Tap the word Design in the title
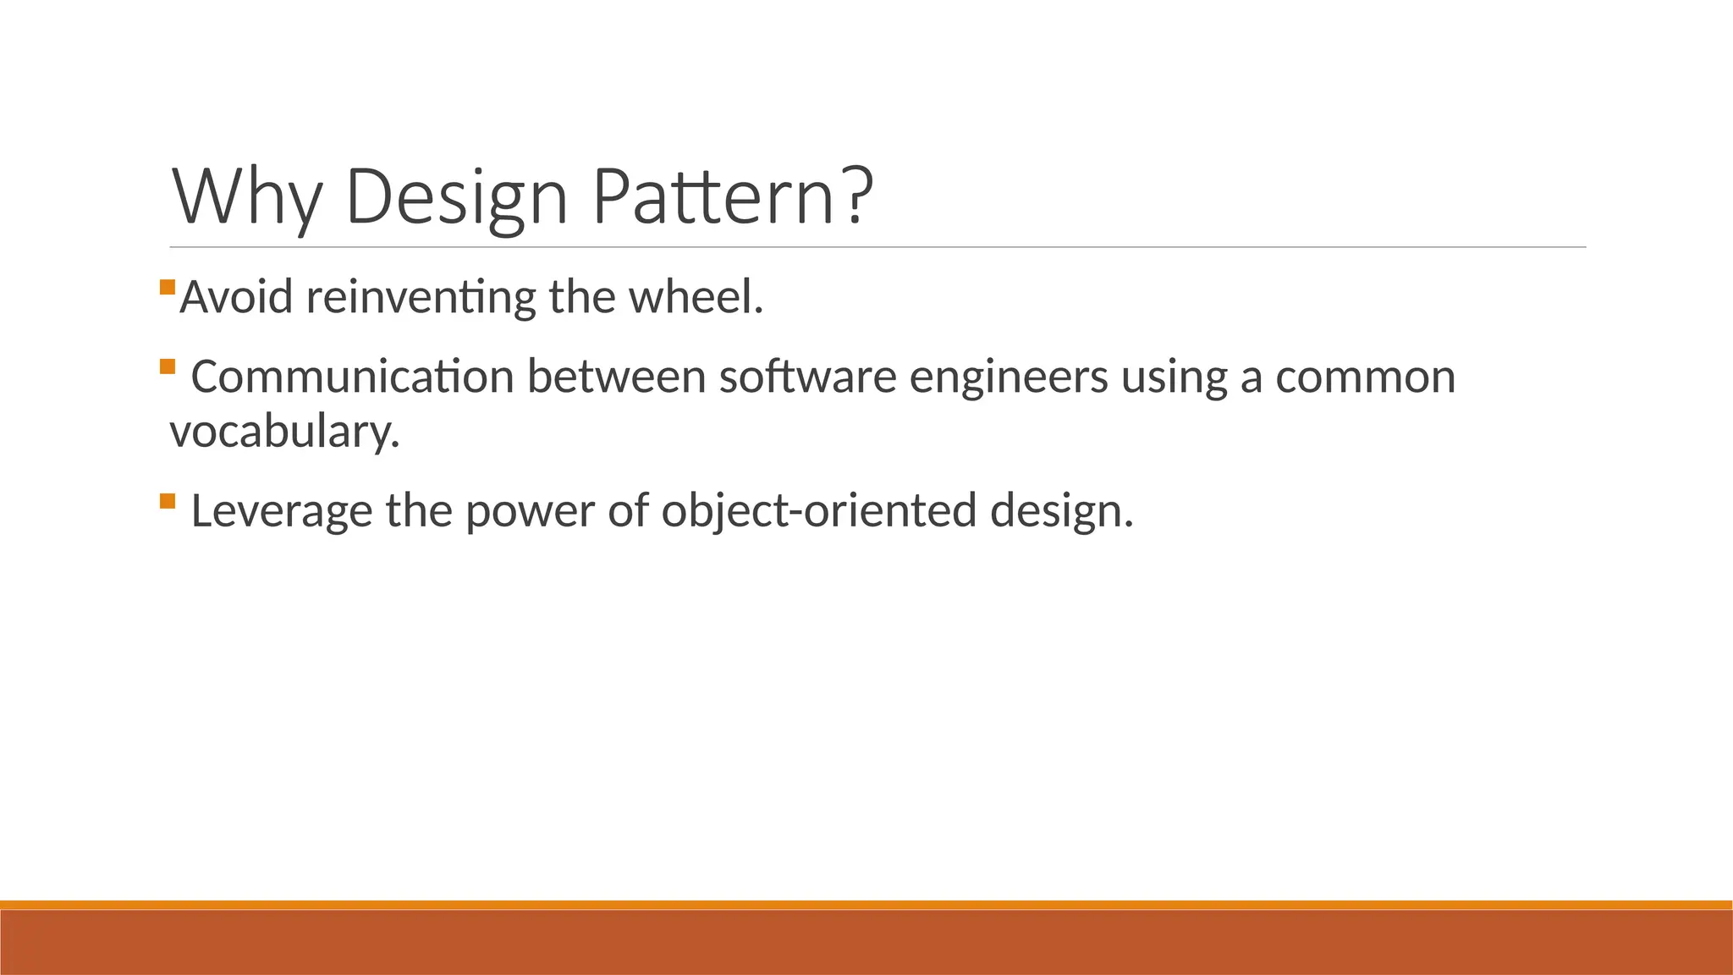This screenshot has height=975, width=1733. click(456, 196)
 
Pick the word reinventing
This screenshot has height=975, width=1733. click(421, 298)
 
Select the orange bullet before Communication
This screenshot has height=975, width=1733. click(167, 366)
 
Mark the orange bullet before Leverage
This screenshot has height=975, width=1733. click(167, 500)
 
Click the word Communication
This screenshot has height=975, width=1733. click(352, 377)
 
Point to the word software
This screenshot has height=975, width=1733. click(807, 377)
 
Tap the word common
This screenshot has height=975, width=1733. click(1365, 377)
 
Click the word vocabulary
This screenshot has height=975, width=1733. click(284, 432)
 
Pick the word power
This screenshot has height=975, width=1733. click(530, 511)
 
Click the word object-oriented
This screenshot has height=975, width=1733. click(819, 511)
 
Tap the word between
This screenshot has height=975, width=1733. click(617, 377)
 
